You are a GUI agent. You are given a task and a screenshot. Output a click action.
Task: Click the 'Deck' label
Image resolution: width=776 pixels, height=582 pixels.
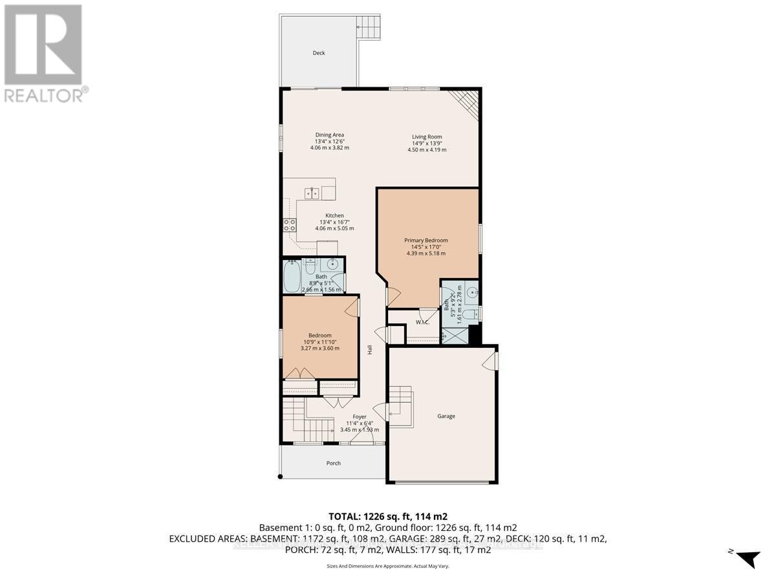click(318, 53)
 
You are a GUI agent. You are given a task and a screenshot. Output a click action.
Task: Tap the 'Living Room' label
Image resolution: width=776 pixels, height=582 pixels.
click(427, 136)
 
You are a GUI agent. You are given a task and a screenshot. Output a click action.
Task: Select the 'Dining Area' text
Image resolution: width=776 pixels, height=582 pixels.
click(329, 135)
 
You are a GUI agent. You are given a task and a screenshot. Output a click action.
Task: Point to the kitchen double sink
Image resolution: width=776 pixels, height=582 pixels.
click(312, 193)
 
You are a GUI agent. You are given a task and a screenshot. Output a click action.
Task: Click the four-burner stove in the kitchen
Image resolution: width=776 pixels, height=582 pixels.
click(289, 225)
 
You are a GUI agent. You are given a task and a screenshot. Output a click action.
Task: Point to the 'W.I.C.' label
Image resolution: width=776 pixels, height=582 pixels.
click(423, 322)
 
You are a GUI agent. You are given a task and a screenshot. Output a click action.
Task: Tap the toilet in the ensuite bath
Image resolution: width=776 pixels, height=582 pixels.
click(471, 314)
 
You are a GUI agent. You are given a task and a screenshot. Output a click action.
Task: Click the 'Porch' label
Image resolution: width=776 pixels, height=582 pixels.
click(332, 463)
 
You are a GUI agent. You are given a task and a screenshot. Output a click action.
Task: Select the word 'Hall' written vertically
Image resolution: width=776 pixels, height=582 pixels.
click(370, 350)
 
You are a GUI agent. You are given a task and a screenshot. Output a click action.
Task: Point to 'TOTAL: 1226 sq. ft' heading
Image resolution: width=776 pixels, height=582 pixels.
click(387, 517)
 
